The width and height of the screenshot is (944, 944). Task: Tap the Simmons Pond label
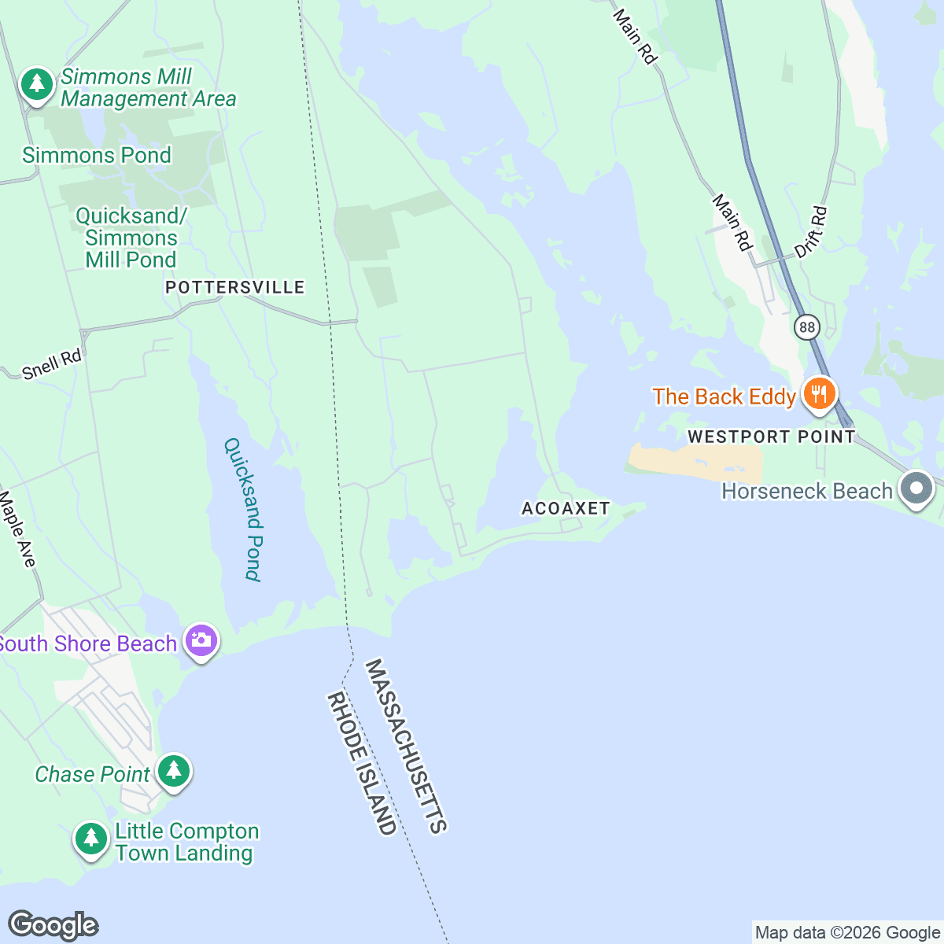pyautogui.click(x=97, y=155)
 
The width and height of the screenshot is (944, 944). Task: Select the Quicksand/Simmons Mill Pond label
pyautogui.click(x=131, y=238)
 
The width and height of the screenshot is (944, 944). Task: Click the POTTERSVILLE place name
pyautogui.click(x=235, y=287)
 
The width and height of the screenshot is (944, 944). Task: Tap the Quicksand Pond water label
pyautogui.click(x=242, y=509)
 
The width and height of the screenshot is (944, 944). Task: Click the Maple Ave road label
pyautogui.click(x=17, y=529)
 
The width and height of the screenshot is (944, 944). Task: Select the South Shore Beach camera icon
pyautogui.click(x=201, y=641)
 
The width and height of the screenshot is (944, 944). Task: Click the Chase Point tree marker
pyautogui.click(x=174, y=772)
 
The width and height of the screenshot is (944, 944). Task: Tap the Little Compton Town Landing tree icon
pyautogui.click(x=91, y=839)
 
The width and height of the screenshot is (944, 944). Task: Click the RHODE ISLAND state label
pyautogui.click(x=362, y=763)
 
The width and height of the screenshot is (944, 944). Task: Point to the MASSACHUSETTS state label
pyautogui.click(x=407, y=746)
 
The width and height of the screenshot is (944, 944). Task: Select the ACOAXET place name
pyautogui.click(x=566, y=508)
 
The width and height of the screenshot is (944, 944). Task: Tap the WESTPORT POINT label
pyautogui.click(x=771, y=437)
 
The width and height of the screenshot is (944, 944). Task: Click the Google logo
pyautogui.click(x=53, y=925)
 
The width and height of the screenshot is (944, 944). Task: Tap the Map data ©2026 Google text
pyautogui.click(x=847, y=933)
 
